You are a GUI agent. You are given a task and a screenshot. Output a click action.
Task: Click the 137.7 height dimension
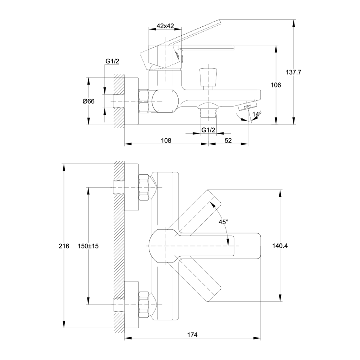click(293, 72)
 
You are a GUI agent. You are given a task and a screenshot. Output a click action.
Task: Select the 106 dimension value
click(276, 85)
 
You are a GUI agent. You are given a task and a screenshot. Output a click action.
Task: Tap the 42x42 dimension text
click(166, 26)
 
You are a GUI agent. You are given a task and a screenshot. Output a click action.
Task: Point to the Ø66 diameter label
click(88, 101)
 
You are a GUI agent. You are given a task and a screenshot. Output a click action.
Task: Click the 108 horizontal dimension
click(165, 140)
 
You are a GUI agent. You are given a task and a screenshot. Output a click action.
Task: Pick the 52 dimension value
click(228, 140)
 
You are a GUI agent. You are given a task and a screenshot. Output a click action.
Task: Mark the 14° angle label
click(257, 114)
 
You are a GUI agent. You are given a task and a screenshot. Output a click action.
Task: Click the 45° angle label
click(223, 222)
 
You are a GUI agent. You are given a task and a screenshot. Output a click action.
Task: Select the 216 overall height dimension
click(63, 246)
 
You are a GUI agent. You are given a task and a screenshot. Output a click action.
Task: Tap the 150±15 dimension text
click(88, 246)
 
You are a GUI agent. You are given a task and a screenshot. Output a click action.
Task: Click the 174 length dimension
click(192, 335)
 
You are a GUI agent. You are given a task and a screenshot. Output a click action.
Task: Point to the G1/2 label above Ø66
click(112, 62)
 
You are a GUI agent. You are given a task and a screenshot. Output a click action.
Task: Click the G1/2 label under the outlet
click(208, 130)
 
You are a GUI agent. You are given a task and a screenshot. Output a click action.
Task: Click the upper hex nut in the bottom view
click(144, 187)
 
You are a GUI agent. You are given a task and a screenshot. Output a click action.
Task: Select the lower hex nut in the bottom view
click(144, 304)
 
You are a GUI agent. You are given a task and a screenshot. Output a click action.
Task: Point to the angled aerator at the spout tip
click(248, 105)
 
